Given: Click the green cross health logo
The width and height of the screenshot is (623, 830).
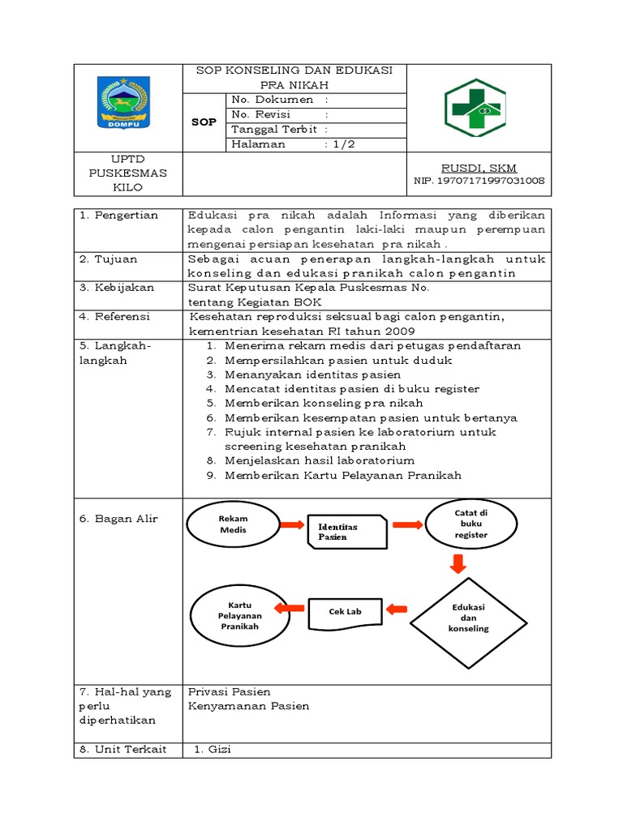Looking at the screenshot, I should tap(474, 108).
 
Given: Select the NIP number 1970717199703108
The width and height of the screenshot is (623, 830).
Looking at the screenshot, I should tap(479, 181).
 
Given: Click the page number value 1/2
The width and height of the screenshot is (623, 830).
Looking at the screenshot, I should tap(341, 144).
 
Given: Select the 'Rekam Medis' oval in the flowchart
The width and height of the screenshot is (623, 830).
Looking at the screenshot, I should tap(234, 524).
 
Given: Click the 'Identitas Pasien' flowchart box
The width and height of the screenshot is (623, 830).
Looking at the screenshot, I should tap(348, 532).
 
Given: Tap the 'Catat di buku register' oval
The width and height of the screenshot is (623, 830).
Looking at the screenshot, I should tap(470, 524).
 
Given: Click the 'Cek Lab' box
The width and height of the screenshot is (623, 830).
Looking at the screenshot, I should tap(345, 611).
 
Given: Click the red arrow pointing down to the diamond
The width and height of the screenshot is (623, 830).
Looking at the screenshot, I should tap(458, 563).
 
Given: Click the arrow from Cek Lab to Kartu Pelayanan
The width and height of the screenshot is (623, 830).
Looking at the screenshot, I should tap(290, 607).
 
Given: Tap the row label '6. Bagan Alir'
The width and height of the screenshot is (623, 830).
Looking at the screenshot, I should tap(118, 519).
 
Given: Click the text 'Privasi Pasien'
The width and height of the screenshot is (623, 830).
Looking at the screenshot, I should tap(229, 691).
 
